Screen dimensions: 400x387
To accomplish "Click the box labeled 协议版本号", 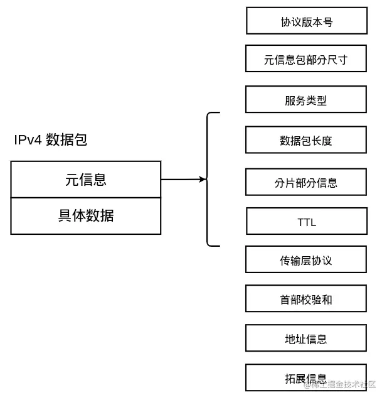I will coord(306,21).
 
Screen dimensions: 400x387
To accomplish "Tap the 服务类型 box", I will coord(305,99).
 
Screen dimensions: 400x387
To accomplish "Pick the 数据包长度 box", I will coord(305,140).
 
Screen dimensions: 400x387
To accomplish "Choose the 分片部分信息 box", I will coord(305,182).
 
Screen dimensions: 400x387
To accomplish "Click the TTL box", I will coord(306,221).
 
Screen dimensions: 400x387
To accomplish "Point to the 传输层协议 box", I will coord(305,259).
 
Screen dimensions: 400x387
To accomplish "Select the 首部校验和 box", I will coord(305,299).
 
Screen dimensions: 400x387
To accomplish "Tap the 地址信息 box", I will coord(305,338).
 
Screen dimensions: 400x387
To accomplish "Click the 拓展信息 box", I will coord(305,377).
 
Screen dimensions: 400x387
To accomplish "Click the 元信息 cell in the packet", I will coord(86,180).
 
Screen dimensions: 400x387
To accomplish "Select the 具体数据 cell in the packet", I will coord(86,216).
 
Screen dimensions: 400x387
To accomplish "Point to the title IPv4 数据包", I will coord(50,139).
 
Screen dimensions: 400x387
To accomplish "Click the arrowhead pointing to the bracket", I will coord(202,180).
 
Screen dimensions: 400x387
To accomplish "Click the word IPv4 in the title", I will coord(28,139).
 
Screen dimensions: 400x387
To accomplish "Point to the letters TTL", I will coord(306,222).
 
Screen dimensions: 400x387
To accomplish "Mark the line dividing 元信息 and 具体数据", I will coord(86,198).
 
